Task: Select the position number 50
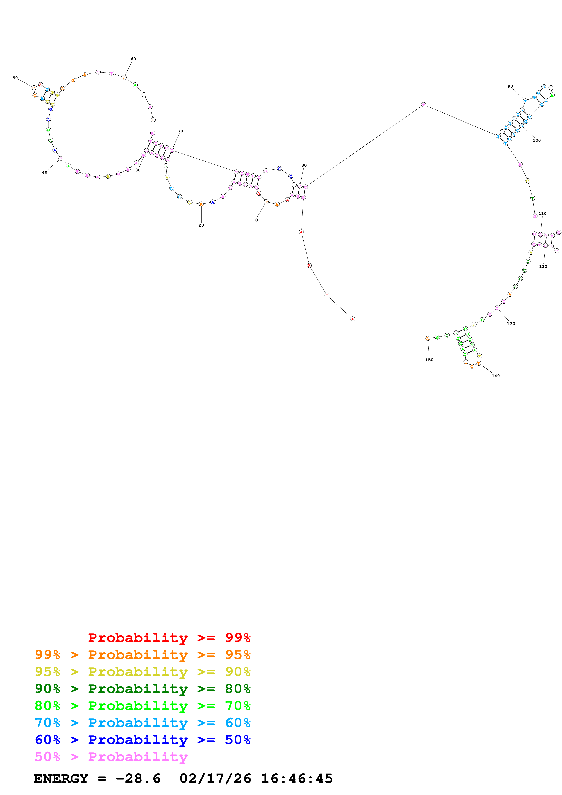tap(15, 78)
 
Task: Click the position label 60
tap(133, 59)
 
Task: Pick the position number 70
tap(180, 131)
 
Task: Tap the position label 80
tap(304, 165)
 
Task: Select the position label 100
tap(536, 140)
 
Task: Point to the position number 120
tap(543, 266)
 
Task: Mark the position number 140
tap(496, 376)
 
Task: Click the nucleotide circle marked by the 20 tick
tap(201, 204)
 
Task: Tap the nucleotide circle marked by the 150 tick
tap(428, 338)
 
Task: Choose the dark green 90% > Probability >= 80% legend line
tap(143, 689)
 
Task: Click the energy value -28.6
tap(138, 778)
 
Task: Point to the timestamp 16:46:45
tap(297, 778)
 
